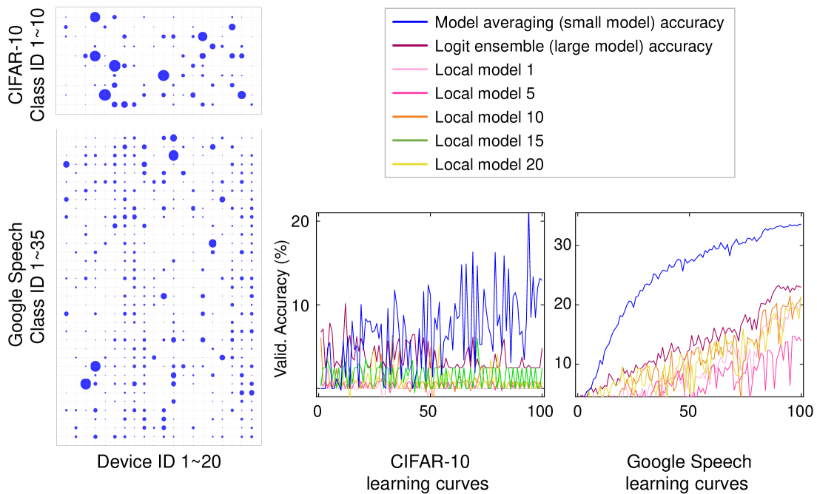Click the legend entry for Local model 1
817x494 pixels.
click(x=485, y=70)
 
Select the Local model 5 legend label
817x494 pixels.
click(x=485, y=94)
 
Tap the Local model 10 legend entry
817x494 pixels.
click(x=489, y=117)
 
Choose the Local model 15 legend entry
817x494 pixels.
click(x=489, y=141)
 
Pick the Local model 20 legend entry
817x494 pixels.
click(x=489, y=164)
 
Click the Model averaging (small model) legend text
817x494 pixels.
click(x=579, y=23)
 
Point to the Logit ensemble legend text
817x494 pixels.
click(x=574, y=47)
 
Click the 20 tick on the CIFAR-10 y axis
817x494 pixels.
click(x=301, y=221)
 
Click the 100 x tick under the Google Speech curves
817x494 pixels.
click(x=801, y=410)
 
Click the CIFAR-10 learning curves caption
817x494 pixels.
click(x=429, y=473)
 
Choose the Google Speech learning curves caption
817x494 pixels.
click(x=689, y=473)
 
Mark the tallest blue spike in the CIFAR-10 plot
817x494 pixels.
click(x=528, y=215)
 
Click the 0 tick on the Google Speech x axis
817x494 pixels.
click(x=578, y=410)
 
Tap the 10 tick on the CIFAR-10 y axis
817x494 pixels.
click(x=301, y=305)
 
